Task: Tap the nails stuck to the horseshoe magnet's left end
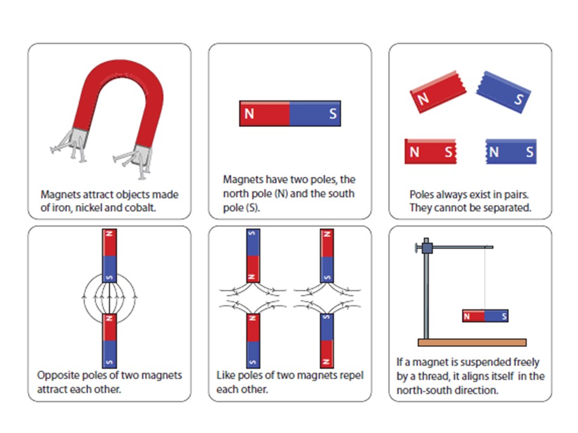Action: (67, 147)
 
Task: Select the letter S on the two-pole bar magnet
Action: (332, 114)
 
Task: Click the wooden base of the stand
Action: (472, 342)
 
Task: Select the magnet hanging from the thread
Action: (485, 316)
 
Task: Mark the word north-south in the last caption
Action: (423, 390)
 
